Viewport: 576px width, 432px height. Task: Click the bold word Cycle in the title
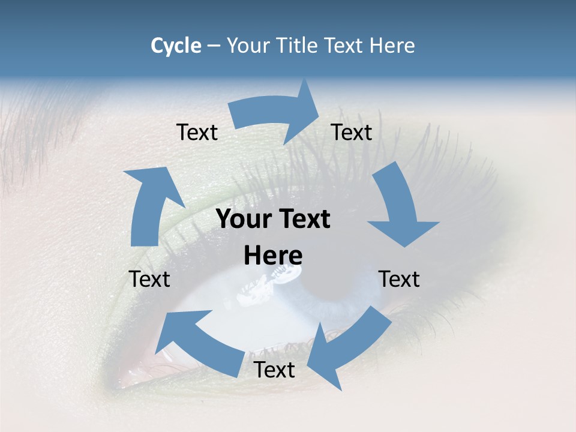(x=176, y=46)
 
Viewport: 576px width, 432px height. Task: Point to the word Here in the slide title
(x=392, y=46)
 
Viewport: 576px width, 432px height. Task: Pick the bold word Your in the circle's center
(x=242, y=219)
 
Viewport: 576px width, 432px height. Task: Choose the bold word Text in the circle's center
(x=302, y=219)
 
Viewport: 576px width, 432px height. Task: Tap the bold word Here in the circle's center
(x=273, y=256)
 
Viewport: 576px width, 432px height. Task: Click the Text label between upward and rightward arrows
(x=197, y=132)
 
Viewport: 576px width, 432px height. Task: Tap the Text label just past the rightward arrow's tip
(x=352, y=132)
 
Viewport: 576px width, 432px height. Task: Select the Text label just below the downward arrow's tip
(x=399, y=279)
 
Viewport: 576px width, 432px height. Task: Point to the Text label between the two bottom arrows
(x=274, y=370)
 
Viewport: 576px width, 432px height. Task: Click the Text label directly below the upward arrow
(x=149, y=279)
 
